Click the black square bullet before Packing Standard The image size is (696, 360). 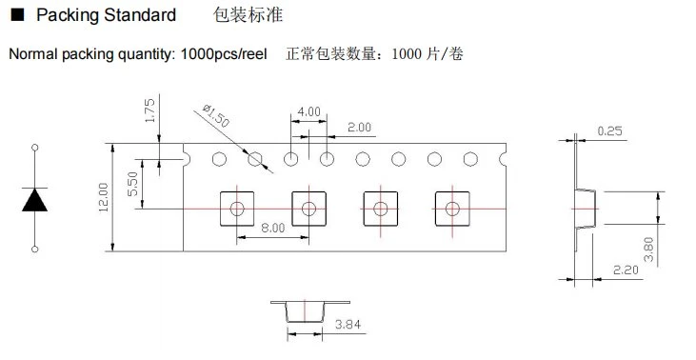point(17,15)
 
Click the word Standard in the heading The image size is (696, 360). point(140,15)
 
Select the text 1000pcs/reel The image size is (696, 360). point(224,54)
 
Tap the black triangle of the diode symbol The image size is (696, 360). point(34,200)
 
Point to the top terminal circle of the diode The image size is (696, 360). point(35,148)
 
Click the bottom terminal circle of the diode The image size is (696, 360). point(35,249)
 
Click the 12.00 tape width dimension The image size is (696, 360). point(104,197)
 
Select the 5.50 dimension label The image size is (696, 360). point(132,184)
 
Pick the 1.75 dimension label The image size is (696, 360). point(150,110)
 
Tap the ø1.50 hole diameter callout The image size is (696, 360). point(216,115)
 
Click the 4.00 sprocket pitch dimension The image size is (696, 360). point(308,111)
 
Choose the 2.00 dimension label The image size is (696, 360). point(359,128)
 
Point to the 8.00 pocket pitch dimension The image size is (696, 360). point(273,228)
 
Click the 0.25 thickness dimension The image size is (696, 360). point(610,130)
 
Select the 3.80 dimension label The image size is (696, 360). point(648,250)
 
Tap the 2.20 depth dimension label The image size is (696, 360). point(626,270)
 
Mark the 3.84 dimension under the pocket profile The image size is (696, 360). point(348,325)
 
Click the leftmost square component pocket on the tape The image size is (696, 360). point(237,209)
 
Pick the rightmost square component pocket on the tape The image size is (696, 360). point(452,209)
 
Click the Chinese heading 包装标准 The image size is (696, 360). point(249,15)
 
